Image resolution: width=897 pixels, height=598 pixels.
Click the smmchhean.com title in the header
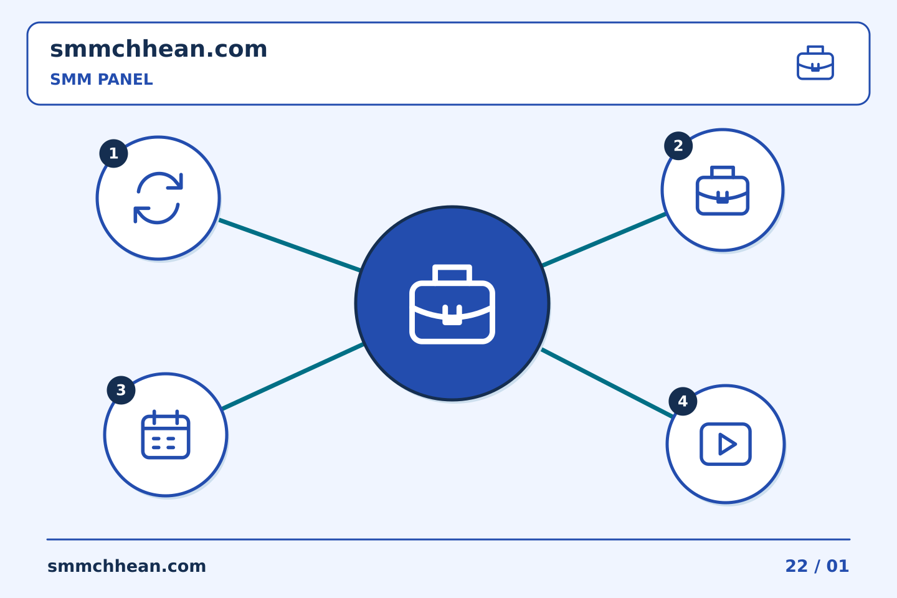[x=159, y=49]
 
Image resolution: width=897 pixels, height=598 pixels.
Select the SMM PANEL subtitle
[x=102, y=79]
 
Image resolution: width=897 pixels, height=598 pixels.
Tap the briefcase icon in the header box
[x=815, y=63]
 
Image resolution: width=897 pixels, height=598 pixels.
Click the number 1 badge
[x=114, y=153]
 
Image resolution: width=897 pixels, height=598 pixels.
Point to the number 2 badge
[x=678, y=146]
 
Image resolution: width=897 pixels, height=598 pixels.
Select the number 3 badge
[x=121, y=390]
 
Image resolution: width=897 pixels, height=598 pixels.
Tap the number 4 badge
[x=683, y=401]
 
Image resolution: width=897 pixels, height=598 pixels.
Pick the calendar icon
[x=166, y=435]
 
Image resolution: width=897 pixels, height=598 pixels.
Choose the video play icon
[x=726, y=444]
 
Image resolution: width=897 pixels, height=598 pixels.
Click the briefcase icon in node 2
[x=723, y=191]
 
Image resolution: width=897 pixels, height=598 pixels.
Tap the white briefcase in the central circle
[x=452, y=305]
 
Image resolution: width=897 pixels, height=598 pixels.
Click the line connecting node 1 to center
[x=290, y=245]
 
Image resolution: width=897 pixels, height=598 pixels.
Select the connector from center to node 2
[x=604, y=240]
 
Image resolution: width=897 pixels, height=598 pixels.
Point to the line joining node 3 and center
[x=293, y=376]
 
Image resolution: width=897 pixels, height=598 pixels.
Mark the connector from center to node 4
[x=607, y=383]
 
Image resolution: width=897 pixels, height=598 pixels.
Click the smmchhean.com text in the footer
[x=126, y=566]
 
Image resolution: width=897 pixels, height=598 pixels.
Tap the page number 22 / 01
[x=817, y=566]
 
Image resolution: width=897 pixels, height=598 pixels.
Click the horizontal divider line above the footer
[x=448, y=539]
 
